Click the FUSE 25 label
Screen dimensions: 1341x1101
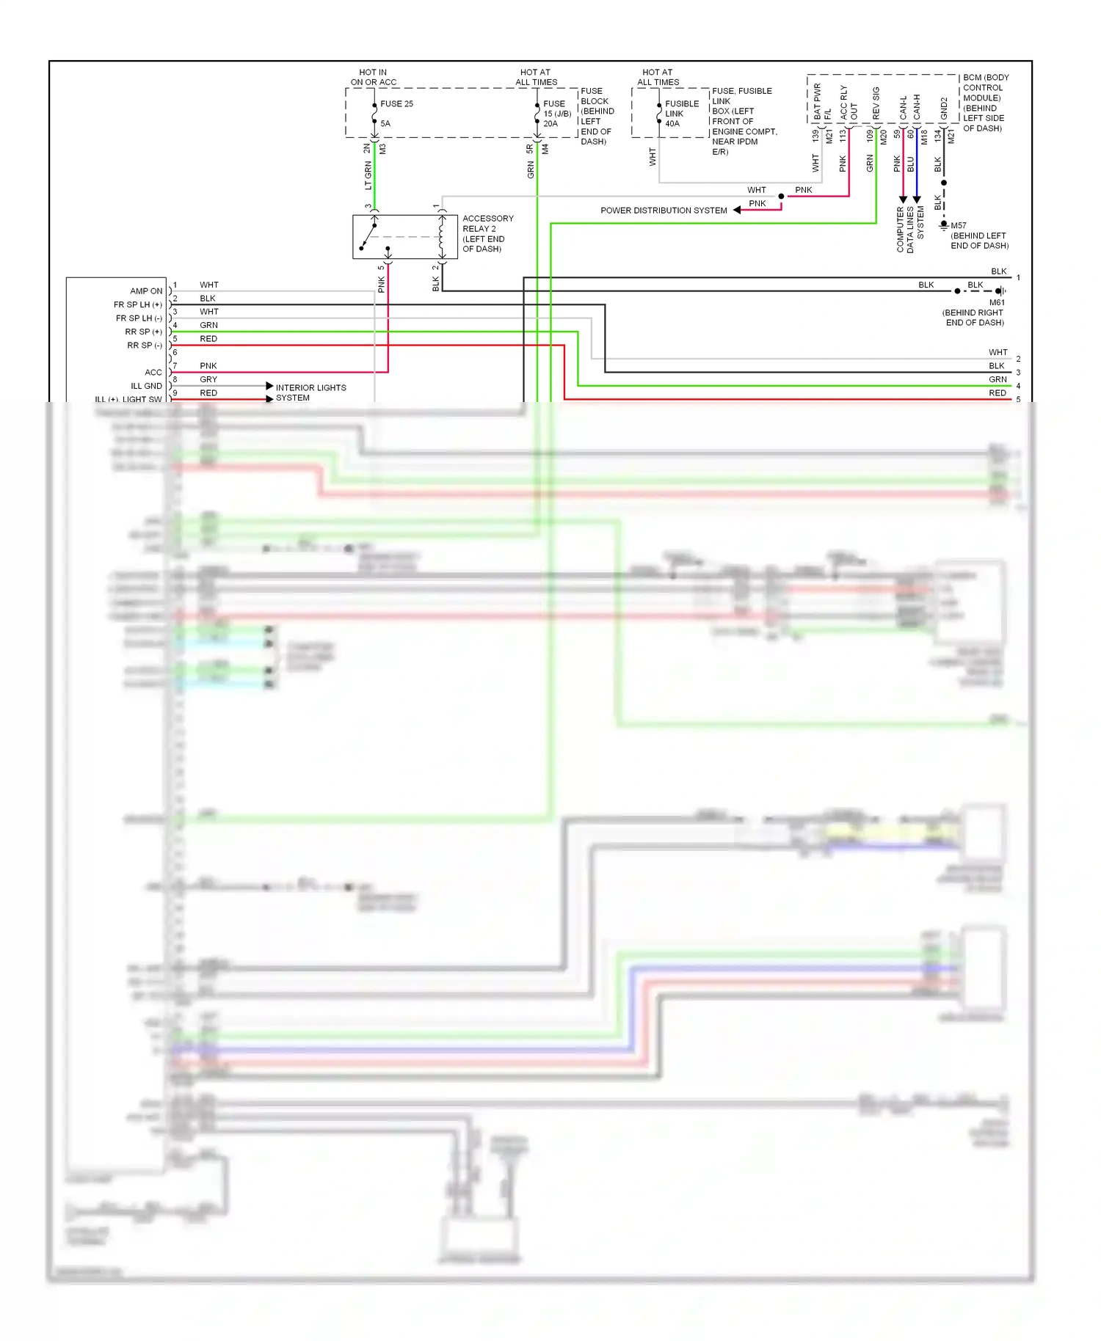[396, 103]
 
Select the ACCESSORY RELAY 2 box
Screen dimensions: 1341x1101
[404, 237]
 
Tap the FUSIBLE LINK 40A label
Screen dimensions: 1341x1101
[681, 114]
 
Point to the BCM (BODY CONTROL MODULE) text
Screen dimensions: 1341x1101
[985, 103]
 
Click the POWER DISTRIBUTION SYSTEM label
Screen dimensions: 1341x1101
[664, 211]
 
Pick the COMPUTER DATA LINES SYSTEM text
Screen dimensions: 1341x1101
[910, 230]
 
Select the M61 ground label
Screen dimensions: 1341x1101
[996, 302]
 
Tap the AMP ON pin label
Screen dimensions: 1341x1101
[146, 291]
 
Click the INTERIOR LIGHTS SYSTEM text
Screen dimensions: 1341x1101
[310, 392]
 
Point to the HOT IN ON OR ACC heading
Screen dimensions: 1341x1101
[373, 78]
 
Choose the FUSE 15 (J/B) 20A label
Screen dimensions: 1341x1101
[556, 114]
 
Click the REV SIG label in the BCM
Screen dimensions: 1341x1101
[876, 103]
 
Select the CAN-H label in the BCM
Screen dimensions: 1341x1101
[917, 107]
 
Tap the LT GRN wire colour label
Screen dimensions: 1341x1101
[368, 176]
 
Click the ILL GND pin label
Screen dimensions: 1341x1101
[146, 386]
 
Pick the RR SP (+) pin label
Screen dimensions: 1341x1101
[143, 332]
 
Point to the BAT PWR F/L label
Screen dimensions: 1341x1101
[822, 102]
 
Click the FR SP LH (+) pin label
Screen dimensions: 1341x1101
[137, 304]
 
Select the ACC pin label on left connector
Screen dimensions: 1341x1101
[153, 373]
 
